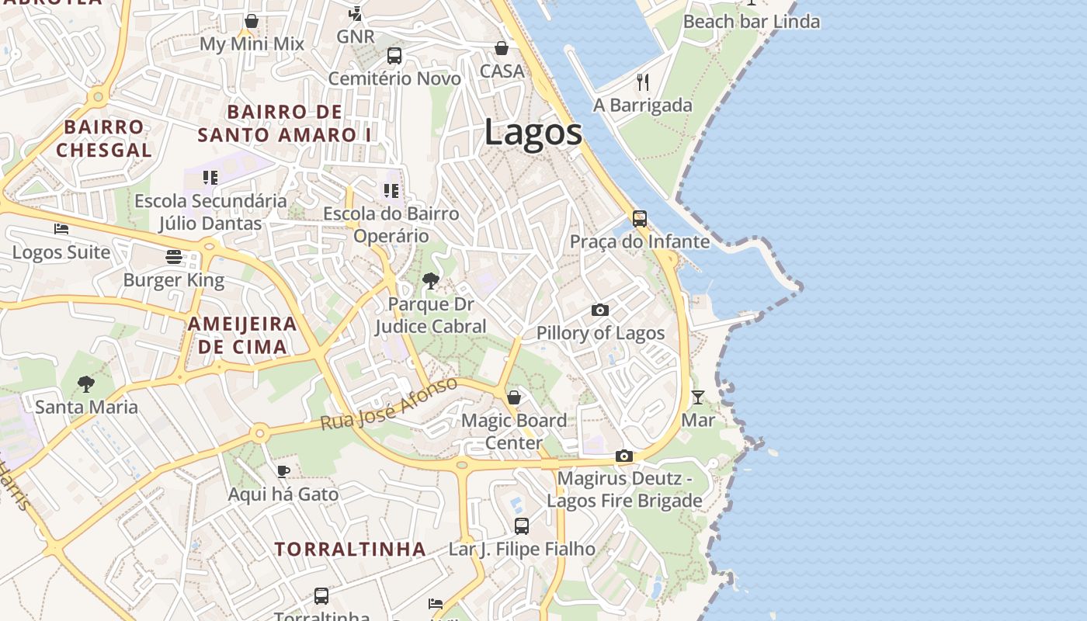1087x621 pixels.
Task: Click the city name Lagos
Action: pyautogui.click(x=533, y=132)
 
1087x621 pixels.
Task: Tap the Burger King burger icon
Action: pyautogui.click(x=174, y=257)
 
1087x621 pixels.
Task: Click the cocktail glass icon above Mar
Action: pyautogui.click(x=698, y=397)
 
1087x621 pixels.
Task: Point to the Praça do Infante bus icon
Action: pyautogui.click(x=640, y=219)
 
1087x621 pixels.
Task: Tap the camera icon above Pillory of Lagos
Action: pyautogui.click(x=600, y=310)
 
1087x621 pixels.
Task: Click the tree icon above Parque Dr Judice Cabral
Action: pyautogui.click(x=431, y=281)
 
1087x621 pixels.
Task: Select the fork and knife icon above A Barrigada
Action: pyautogui.click(x=643, y=82)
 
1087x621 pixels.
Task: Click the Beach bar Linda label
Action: pyautogui.click(x=751, y=22)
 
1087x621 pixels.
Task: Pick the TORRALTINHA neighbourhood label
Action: pyautogui.click(x=350, y=550)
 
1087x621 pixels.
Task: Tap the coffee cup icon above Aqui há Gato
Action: pyautogui.click(x=283, y=471)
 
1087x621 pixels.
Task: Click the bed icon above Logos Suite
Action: pyautogui.click(x=61, y=229)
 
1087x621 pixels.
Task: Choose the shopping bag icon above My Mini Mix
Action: pyautogui.click(x=252, y=21)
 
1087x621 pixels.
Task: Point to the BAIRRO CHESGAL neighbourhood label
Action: pyautogui.click(x=103, y=138)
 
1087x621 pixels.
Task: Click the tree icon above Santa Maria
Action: pyautogui.click(x=86, y=383)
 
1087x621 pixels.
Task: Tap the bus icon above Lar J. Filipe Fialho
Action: pyautogui.click(x=522, y=526)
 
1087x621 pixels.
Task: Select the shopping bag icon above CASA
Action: pyautogui.click(x=502, y=48)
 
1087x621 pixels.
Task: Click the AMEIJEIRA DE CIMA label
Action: pyautogui.click(x=242, y=335)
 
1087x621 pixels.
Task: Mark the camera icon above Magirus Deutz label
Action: pyautogui.click(x=624, y=456)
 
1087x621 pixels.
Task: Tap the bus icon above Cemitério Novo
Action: pyautogui.click(x=394, y=56)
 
